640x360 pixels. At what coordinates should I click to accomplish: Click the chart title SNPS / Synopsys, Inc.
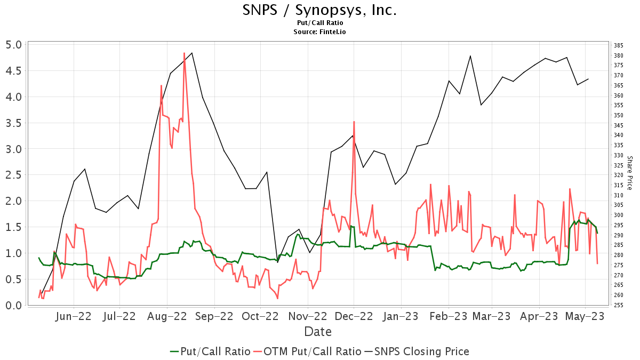pyautogui.click(x=319, y=10)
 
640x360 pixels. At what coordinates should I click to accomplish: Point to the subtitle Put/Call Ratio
pyautogui.click(x=319, y=23)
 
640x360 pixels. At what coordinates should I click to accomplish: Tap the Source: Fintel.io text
pyautogui.click(x=319, y=32)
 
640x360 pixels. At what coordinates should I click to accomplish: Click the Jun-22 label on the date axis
pyautogui.click(x=74, y=316)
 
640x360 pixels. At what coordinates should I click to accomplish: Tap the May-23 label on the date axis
pyautogui.click(x=586, y=316)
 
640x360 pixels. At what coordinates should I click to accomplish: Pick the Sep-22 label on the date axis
pyautogui.click(x=214, y=316)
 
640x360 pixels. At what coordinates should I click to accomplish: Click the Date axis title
pyautogui.click(x=318, y=332)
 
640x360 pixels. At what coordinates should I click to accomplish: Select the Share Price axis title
pyautogui.click(x=630, y=173)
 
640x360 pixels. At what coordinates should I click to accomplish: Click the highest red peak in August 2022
pyautogui.click(x=184, y=53)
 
